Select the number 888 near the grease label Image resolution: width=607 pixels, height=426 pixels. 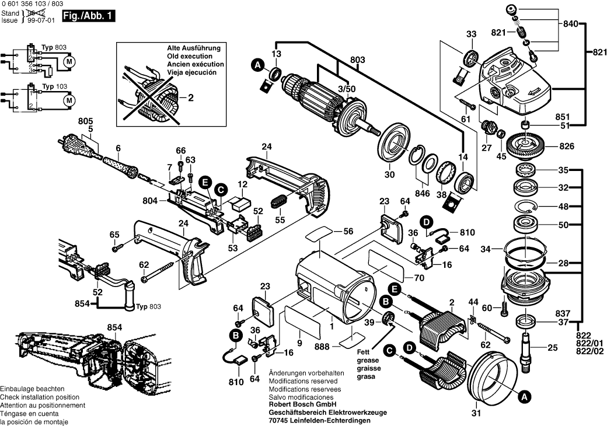click(322, 347)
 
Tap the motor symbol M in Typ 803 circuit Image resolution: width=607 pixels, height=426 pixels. click(69, 61)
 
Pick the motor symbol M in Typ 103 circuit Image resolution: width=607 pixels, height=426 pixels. click(69, 100)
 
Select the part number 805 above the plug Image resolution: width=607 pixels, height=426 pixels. click(86, 121)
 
